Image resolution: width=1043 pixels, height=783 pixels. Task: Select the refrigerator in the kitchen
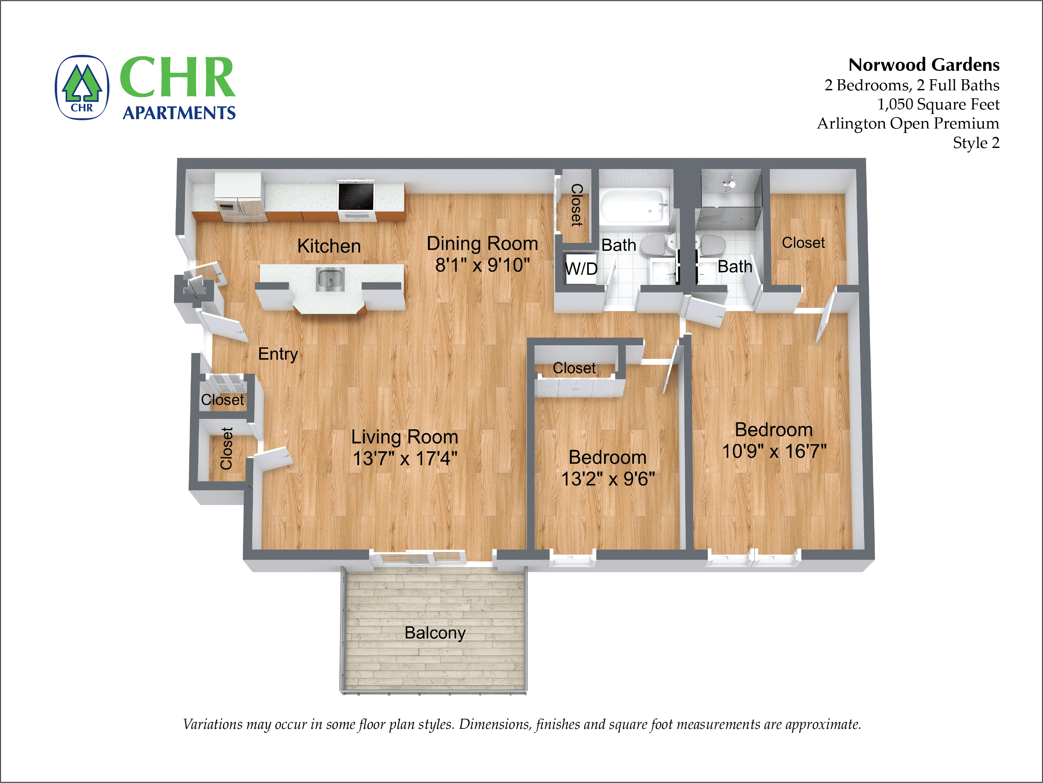(239, 197)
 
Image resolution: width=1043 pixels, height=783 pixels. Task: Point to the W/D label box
(581, 269)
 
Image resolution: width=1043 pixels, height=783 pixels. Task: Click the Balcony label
(435, 633)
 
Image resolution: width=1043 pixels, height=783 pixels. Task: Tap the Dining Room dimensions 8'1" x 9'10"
(482, 265)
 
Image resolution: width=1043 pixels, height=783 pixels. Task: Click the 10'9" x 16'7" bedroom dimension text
(774, 451)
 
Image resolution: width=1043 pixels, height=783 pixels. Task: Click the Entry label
(278, 354)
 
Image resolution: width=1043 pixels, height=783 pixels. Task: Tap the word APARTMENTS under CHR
(179, 113)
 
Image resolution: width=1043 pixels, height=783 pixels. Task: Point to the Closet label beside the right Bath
(803, 243)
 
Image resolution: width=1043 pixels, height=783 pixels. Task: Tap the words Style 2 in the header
(976, 142)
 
